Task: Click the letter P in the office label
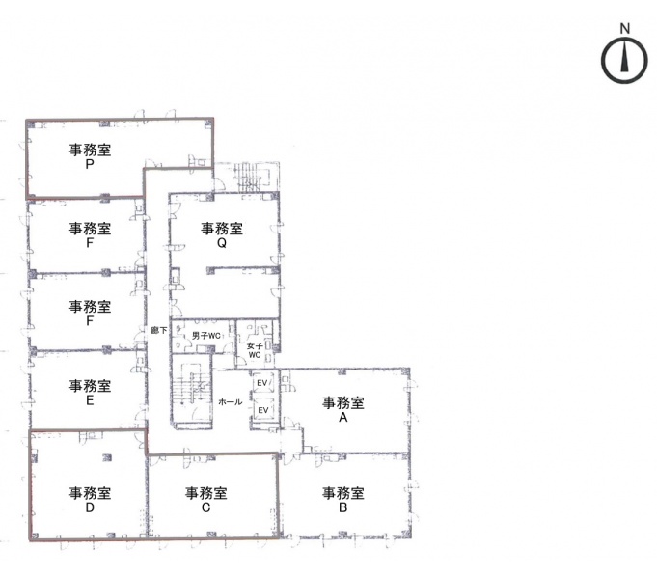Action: click(x=90, y=164)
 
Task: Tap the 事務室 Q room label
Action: click(x=222, y=235)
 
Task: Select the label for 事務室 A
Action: click(x=342, y=410)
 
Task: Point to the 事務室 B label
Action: click(x=342, y=500)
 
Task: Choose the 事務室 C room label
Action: click(x=205, y=500)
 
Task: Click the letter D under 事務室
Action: click(x=90, y=507)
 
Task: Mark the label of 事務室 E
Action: click(x=90, y=393)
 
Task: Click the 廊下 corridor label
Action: click(x=159, y=330)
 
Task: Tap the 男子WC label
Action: click(x=206, y=336)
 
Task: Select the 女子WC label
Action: click(x=255, y=350)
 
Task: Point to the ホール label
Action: click(x=230, y=401)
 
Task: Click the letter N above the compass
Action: click(x=625, y=29)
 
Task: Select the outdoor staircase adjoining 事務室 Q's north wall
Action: click(x=252, y=177)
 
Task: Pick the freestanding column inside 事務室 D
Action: click(x=107, y=458)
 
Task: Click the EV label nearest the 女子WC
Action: click(x=262, y=383)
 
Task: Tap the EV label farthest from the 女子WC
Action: click(x=262, y=410)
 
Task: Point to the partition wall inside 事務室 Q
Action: click(x=243, y=268)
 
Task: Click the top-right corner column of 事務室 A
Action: click(x=405, y=372)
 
